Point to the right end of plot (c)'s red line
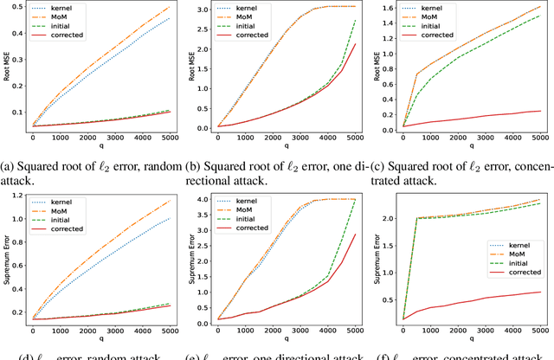(541, 111)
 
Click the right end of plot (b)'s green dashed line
(356, 21)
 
